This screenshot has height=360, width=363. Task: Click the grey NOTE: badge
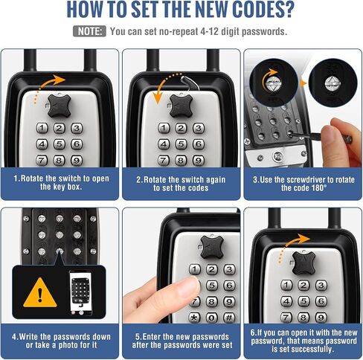coord(89,31)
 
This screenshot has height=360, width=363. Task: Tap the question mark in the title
coord(288,10)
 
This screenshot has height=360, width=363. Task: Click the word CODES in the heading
coord(257,10)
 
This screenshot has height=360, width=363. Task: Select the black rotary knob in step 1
coord(59,106)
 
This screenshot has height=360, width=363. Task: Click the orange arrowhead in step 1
coord(60,80)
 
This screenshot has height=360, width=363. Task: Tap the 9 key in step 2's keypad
coord(199,161)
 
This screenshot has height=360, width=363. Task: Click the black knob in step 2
coord(181,106)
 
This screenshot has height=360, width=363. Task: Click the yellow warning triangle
coord(40,293)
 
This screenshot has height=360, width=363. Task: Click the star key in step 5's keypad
coord(194,318)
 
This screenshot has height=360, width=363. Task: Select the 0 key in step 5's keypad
coord(211,318)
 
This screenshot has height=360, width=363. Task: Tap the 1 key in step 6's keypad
coord(286,285)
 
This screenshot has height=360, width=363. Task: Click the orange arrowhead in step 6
coord(303,239)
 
